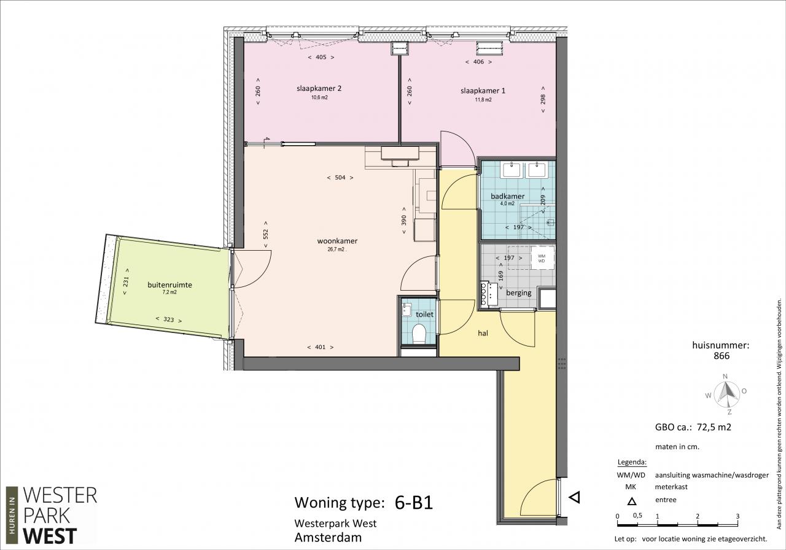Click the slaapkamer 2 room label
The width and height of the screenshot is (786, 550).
click(x=319, y=88)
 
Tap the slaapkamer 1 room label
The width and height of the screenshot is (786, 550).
click(x=483, y=91)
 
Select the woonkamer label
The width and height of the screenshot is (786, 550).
click(x=337, y=241)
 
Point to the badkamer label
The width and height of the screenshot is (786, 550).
click(x=507, y=196)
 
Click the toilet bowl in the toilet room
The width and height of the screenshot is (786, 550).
click(x=419, y=334)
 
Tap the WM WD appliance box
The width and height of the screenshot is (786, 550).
click(x=542, y=258)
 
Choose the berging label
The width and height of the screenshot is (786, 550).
click(x=519, y=293)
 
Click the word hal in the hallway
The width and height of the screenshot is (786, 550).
click(x=483, y=333)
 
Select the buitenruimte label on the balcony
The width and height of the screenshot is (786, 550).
click(x=169, y=285)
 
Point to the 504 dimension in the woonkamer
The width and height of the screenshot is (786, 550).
click(x=340, y=178)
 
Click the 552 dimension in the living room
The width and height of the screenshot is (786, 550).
click(x=266, y=234)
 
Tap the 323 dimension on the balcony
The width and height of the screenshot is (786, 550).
click(x=169, y=320)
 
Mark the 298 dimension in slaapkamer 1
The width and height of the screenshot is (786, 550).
click(x=543, y=100)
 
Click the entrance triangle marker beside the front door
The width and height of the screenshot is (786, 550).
click(x=574, y=497)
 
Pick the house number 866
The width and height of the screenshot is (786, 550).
click(x=722, y=356)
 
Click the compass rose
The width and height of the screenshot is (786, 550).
click(x=726, y=394)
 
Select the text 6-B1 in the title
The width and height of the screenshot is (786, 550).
click(x=414, y=503)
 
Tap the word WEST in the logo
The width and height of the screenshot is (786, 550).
click(x=50, y=536)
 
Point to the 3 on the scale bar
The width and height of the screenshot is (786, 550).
click(x=737, y=516)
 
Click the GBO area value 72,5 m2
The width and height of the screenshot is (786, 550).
click(x=713, y=427)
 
